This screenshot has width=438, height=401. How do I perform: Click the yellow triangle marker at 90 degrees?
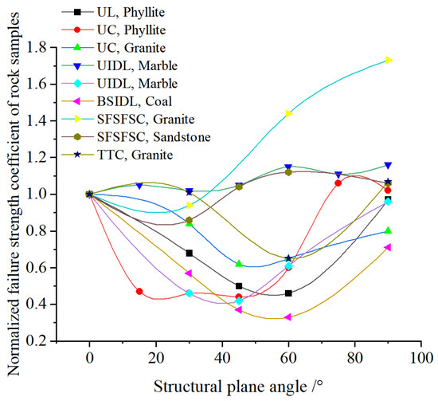coord(389,60)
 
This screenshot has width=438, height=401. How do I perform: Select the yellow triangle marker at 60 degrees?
coord(289,113)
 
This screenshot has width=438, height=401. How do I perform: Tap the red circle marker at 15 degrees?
coord(139,291)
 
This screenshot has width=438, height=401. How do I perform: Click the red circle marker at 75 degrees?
coord(338,183)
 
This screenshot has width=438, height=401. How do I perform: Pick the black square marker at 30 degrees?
coord(189,254)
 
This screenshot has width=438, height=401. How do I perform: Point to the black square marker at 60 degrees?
coord(288,293)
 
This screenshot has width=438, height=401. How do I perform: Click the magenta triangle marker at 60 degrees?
coord(288,317)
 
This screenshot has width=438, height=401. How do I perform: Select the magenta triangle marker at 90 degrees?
coord(387,247)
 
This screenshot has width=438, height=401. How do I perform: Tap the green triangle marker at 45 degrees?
coord(239,263)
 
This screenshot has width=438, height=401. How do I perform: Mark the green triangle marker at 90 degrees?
coord(388,230)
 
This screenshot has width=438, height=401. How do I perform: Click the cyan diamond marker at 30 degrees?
coord(189,293)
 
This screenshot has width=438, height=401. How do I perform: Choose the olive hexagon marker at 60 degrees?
coord(288,172)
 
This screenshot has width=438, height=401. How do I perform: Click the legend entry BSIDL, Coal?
coord(117,101)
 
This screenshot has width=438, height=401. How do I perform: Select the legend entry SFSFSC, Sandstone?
coord(136,137)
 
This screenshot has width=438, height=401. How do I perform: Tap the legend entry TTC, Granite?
coord(118,155)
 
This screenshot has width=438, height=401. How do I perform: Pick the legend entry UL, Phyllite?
coord(113,12)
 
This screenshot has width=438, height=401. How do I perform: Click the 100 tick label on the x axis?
coord(421,358)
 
